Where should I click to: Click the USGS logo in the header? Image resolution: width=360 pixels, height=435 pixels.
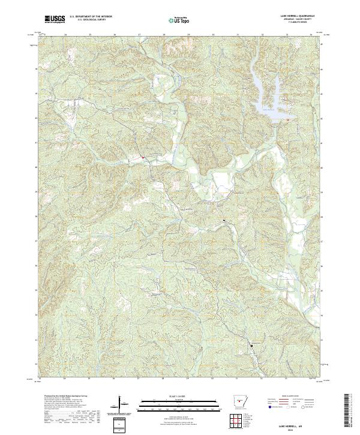click(x=55, y=20)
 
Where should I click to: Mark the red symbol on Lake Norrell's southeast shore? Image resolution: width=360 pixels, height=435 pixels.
click(x=287, y=120)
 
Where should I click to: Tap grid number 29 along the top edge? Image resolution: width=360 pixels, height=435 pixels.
click(x=188, y=35)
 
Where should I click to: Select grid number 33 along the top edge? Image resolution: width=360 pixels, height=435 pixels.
click(x=287, y=35)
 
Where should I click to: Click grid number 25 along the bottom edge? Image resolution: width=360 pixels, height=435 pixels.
click(x=89, y=379)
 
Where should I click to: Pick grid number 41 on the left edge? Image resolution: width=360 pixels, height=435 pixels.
click(x=37, y=143)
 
